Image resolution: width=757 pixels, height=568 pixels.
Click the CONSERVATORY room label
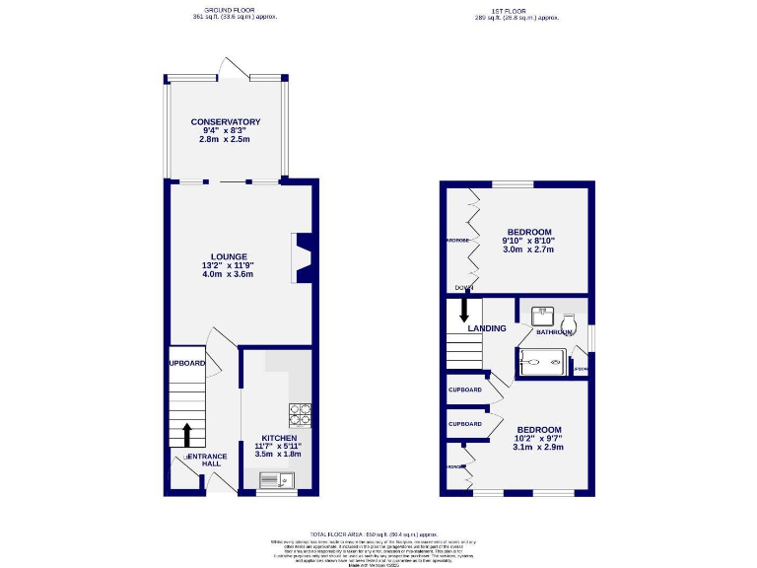pos(226,122)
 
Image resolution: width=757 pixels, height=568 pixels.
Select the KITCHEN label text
pos(279,437)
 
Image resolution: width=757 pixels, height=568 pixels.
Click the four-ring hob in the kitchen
pos(302,415)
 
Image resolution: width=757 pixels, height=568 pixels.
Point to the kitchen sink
pos(276,480)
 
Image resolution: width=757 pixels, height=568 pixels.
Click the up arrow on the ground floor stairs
pos(186,434)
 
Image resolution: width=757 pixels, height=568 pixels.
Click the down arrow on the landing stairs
pos(464,310)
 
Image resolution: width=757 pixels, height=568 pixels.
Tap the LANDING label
pos(487,328)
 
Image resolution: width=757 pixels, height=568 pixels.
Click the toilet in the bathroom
pos(568,323)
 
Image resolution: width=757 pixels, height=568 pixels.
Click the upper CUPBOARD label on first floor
pos(465,390)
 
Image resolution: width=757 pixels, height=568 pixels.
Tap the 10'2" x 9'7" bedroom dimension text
pos(540,440)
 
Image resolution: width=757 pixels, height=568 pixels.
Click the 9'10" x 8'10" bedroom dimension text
pos(528,241)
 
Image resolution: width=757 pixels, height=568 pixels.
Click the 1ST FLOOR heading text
pos(517,10)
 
